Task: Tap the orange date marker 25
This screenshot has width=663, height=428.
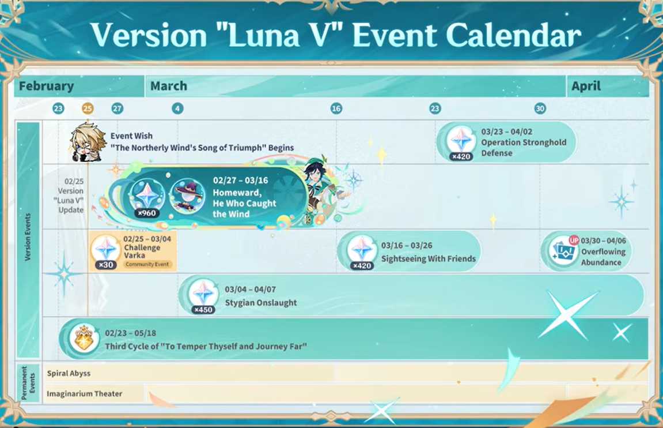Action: tap(87, 108)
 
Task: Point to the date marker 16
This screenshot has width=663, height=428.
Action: tap(336, 108)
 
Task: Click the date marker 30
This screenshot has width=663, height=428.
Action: tap(540, 108)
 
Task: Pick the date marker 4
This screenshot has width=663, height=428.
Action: tap(177, 108)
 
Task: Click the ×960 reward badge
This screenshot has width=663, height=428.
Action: tap(147, 213)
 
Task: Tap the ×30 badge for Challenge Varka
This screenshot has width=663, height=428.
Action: tap(106, 265)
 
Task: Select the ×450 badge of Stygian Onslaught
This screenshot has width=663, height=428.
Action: tap(203, 310)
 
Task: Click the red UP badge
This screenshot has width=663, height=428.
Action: tap(574, 240)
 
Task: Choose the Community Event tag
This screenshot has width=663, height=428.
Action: tap(147, 264)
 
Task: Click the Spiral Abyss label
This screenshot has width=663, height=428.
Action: tap(69, 373)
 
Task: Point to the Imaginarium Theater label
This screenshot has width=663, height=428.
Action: tap(85, 394)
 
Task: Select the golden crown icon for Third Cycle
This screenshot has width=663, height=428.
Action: tap(84, 338)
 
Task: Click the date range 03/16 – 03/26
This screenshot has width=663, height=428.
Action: tap(407, 246)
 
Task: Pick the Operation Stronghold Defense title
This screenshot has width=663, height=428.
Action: tap(524, 148)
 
